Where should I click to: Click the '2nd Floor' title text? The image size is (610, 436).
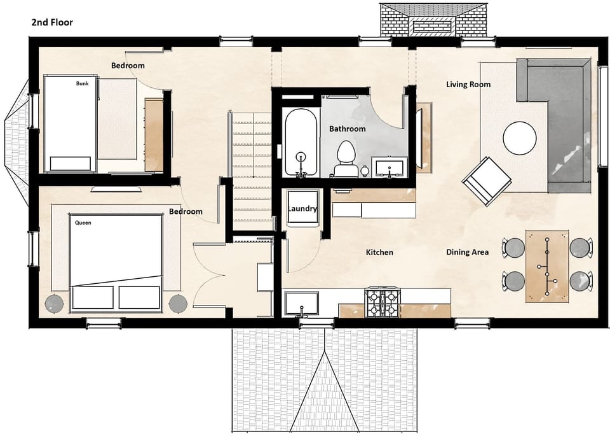click(x=52, y=22)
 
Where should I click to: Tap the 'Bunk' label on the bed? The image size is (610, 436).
click(x=83, y=83)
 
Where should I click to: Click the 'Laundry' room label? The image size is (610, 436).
click(x=302, y=209)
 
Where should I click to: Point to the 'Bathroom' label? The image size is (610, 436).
click(x=347, y=129)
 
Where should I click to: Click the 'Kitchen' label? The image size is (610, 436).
click(x=379, y=252)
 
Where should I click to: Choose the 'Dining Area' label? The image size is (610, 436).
click(x=467, y=252)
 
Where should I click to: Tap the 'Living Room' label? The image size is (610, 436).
click(x=468, y=84)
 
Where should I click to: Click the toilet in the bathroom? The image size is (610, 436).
click(x=345, y=157)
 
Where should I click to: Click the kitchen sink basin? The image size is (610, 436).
click(x=302, y=304)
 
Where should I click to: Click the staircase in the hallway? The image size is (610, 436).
click(x=252, y=169)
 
